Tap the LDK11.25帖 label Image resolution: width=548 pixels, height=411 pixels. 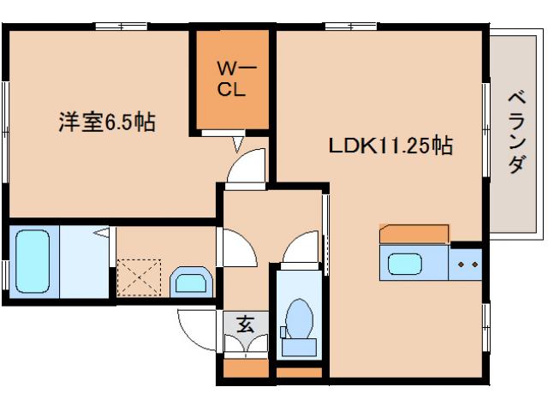(390, 146)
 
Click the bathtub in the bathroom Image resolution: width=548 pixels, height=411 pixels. (33, 261)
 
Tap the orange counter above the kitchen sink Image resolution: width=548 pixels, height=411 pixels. (414, 234)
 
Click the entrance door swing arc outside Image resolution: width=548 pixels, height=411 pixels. (195, 330)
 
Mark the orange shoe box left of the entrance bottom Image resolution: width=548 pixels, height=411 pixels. (245, 369)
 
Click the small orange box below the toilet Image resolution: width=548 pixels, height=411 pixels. (299, 372)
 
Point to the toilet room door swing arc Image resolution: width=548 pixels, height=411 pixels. (301, 250)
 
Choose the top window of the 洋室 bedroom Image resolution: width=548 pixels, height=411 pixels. (120, 27)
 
